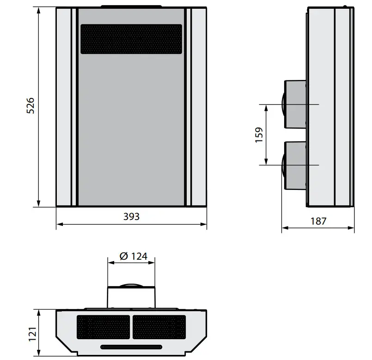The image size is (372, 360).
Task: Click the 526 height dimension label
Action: click(x=30, y=106)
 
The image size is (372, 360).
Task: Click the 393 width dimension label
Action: click(x=131, y=216)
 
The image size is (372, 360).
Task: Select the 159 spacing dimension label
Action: click(x=259, y=134)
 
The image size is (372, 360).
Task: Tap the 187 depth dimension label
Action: click(x=318, y=221)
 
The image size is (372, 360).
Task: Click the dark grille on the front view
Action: click(x=131, y=39)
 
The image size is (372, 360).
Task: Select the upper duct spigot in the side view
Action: click(x=295, y=104)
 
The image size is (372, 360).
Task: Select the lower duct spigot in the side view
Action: click(x=295, y=165)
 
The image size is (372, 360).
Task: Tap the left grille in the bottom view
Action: click(x=103, y=327)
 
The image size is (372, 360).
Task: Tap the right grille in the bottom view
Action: click(x=159, y=327)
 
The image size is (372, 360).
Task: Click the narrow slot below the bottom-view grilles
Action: click(x=131, y=347)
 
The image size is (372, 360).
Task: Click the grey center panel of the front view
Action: click(x=131, y=129)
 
